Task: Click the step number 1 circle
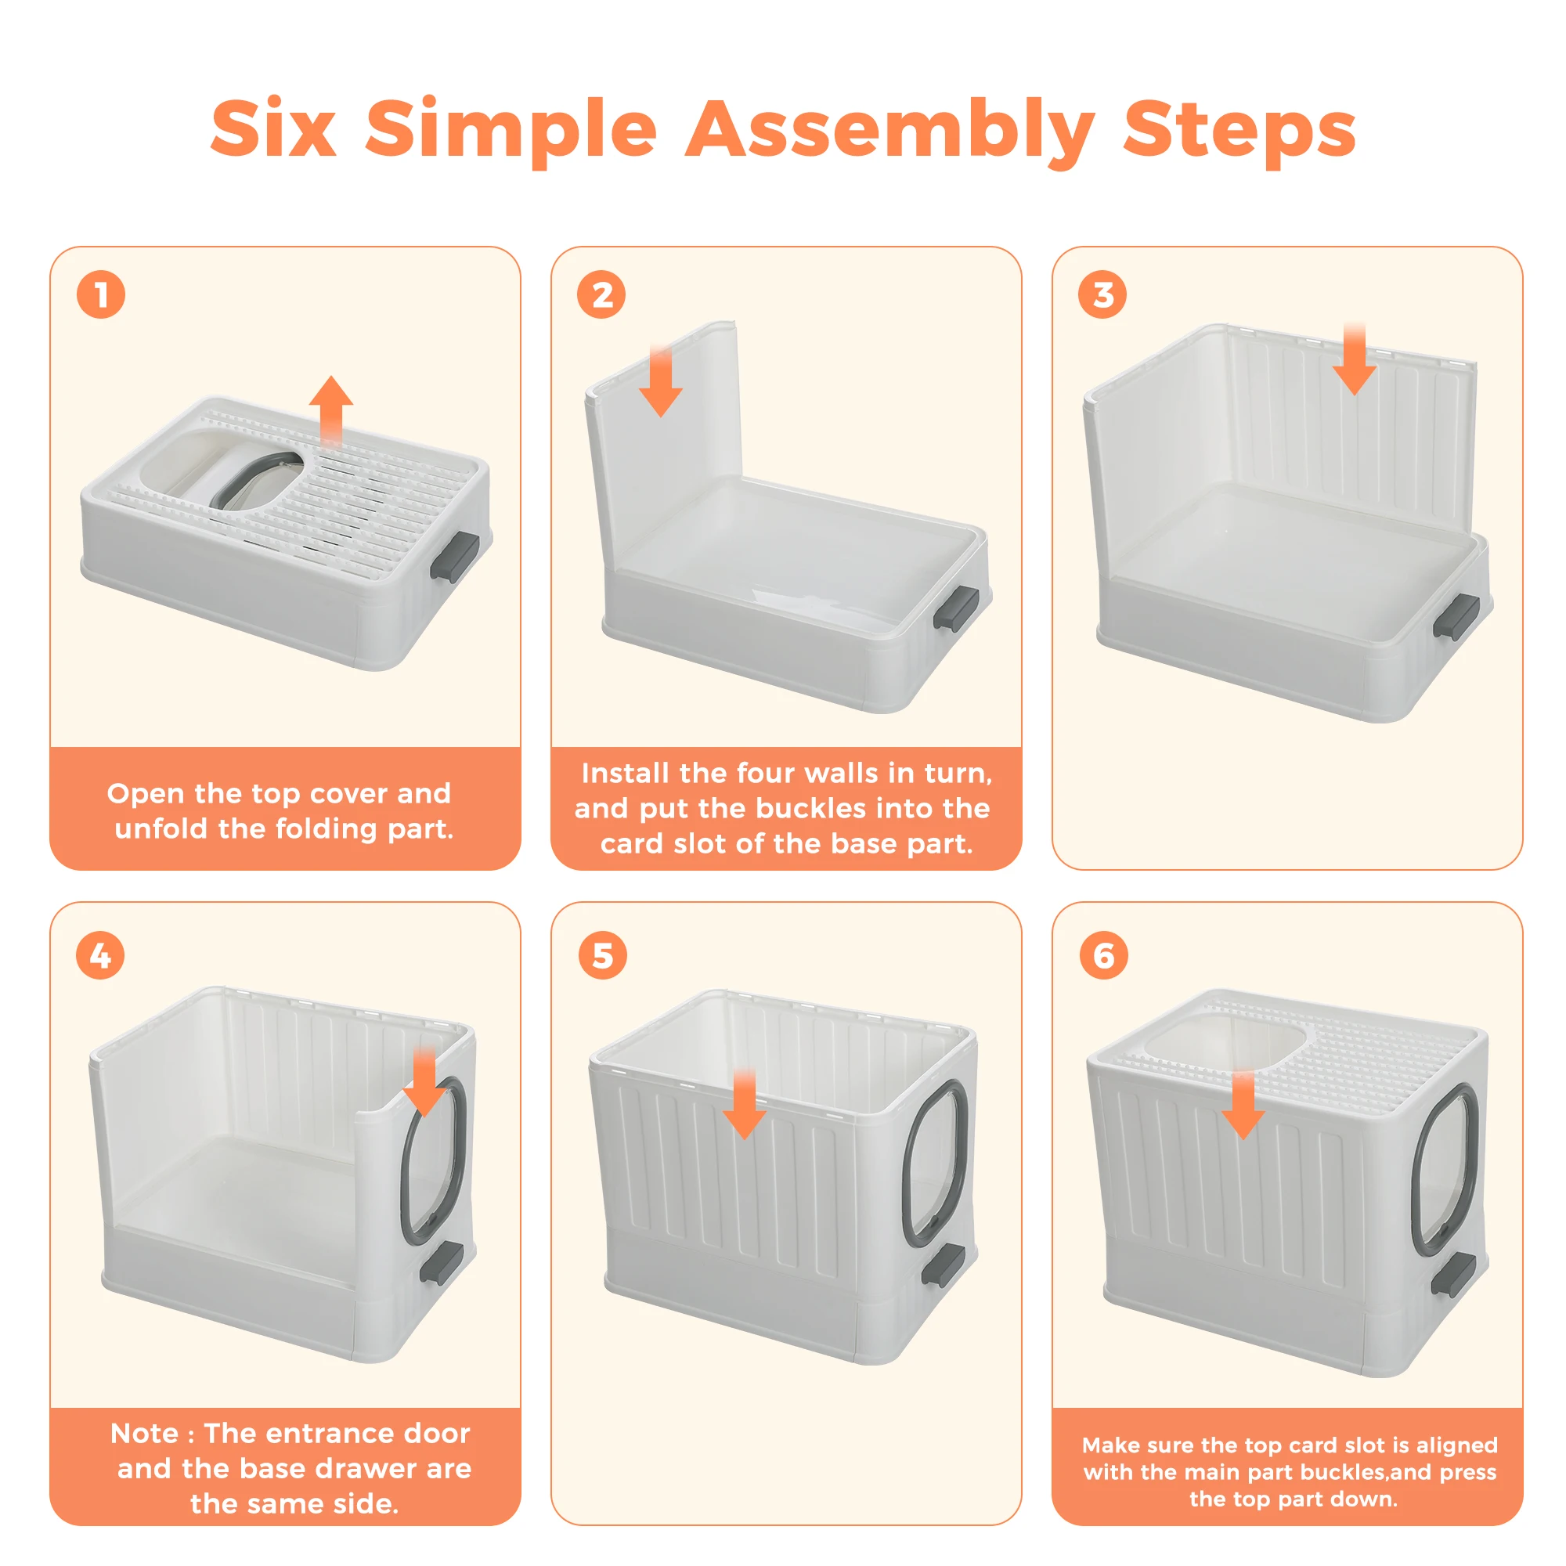point(100,294)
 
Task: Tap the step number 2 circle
point(601,294)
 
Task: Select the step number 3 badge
point(1102,294)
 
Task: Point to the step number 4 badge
point(100,955)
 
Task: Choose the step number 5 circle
point(602,955)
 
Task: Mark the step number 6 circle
point(1103,955)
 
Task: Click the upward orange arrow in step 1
point(330,410)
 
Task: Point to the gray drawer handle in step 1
point(455,557)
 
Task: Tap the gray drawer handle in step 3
point(1456,616)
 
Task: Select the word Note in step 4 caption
point(144,1433)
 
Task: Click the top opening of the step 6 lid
point(1228,1045)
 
